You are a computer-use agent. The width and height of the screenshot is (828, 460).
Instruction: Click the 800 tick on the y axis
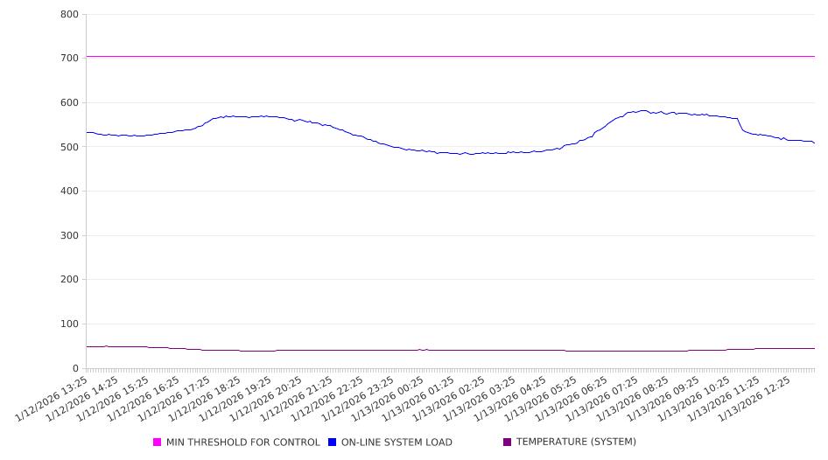tap(70, 14)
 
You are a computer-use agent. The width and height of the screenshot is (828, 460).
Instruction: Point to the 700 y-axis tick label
tap(70, 58)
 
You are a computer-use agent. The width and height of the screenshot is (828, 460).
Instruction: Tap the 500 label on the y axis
tap(70, 147)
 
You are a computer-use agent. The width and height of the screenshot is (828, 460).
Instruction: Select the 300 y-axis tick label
tap(70, 235)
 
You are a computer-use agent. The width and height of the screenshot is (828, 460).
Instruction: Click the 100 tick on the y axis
tap(70, 324)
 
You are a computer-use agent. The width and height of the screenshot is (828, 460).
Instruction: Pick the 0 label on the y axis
tap(76, 368)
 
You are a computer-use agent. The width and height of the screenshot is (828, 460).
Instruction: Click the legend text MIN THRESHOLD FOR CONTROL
tap(242, 443)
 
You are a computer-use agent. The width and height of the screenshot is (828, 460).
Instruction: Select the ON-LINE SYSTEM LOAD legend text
tap(396, 443)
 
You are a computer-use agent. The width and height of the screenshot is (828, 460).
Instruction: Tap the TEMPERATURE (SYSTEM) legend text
tap(576, 443)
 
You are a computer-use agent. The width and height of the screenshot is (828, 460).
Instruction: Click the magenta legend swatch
tap(158, 443)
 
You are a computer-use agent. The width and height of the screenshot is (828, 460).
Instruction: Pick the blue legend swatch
tap(332, 443)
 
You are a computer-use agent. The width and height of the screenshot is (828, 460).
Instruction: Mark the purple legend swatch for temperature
tap(507, 443)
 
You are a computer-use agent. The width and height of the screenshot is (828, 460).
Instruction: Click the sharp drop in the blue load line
tap(740, 125)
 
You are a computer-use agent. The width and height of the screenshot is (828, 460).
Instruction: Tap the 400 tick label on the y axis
tap(70, 192)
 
